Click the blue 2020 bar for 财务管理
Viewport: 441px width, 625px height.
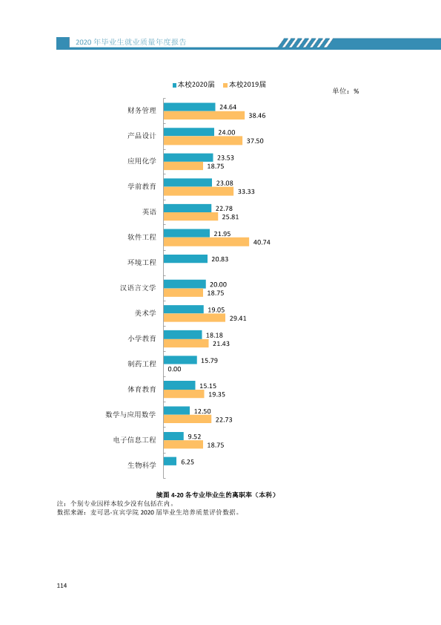(x=190, y=107)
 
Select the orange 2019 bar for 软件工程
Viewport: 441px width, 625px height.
(x=206, y=242)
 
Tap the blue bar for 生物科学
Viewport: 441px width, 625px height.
(x=170, y=461)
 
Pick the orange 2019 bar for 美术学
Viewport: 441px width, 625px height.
(x=194, y=318)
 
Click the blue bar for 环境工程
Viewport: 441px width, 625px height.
(x=185, y=259)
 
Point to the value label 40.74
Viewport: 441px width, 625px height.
(x=262, y=242)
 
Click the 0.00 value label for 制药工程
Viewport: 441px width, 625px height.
(x=174, y=369)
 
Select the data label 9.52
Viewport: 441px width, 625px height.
(x=195, y=436)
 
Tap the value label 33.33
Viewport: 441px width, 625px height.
(x=246, y=192)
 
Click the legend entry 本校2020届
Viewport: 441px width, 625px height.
(x=193, y=85)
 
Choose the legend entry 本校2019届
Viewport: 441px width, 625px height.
(x=245, y=85)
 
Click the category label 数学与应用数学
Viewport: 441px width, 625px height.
(x=131, y=414)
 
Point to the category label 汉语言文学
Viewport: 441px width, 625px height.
(x=138, y=288)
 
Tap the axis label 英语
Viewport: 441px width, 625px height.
(x=149, y=212)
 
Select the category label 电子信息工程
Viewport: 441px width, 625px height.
(x=135, y=439)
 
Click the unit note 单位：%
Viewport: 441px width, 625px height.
(x=345, y=91)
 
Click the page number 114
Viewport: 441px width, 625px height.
(x=62, y=586)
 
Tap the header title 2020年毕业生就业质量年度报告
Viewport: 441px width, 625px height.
(x=131, y=42)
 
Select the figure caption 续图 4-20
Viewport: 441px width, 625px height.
(x=170, y=495)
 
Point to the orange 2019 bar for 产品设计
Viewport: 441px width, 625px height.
(x=203, y=140)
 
